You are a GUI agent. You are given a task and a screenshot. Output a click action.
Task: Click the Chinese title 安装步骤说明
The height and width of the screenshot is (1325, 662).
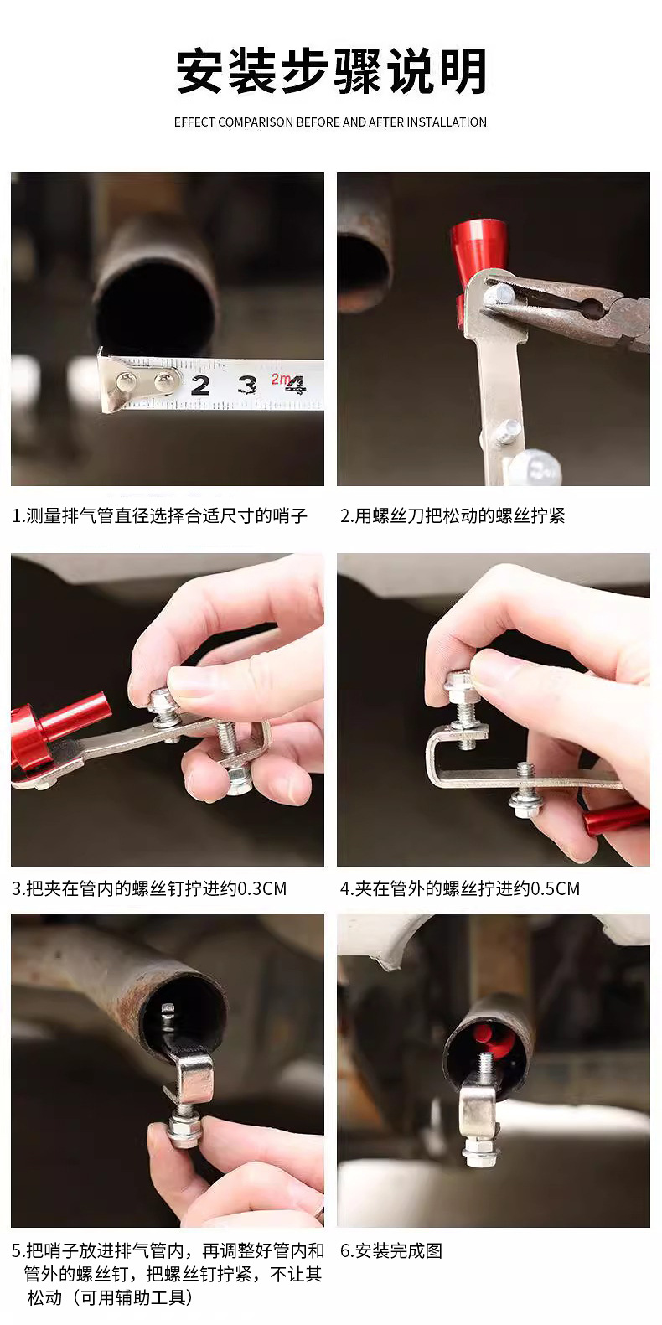(331, 71)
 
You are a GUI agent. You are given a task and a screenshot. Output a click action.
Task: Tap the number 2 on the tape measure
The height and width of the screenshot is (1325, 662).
(200, 386)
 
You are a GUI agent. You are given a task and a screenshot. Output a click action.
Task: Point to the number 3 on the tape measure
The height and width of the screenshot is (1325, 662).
(246, 385)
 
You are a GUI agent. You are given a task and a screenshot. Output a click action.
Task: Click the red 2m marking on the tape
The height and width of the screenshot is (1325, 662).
(281, 379)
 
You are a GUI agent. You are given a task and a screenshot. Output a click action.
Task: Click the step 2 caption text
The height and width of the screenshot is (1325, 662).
(453, 515)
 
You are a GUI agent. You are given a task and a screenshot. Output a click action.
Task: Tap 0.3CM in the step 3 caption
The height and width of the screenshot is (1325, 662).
(262, 888)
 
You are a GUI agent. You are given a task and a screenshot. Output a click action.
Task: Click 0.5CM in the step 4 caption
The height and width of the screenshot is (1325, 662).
(556, 888)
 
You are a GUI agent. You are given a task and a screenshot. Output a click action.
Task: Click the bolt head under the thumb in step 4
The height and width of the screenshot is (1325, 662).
(460, 685)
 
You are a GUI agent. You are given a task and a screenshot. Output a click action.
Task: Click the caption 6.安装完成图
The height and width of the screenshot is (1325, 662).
(391, 1250)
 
